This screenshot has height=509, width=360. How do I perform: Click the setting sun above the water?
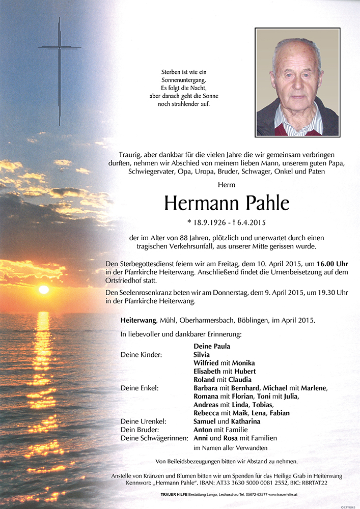(44, 289)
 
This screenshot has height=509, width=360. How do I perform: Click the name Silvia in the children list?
(202, 355)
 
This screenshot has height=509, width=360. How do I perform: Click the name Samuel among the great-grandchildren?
(205, 421)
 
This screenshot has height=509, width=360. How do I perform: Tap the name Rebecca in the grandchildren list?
(207, 413)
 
